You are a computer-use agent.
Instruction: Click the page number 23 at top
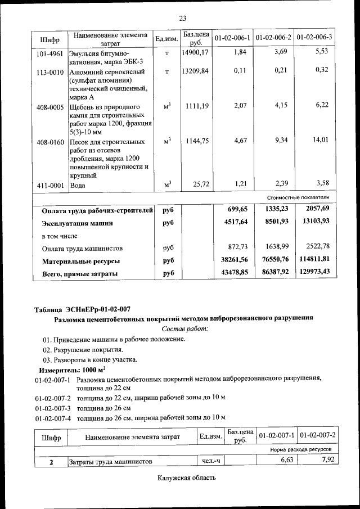[x=182, y=19]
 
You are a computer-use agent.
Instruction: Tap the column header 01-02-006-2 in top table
[x=273, y=38]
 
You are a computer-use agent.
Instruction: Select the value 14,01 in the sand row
[x=321, y=141]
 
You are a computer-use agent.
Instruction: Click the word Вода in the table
[x=78, y=185]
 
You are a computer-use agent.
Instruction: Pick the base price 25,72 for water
[x=200, y=184]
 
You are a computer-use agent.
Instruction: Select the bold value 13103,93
[x=316, y=222]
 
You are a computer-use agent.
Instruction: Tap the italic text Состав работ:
[x=184, y=328]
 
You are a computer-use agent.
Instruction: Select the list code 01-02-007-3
[x=52, y=408]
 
